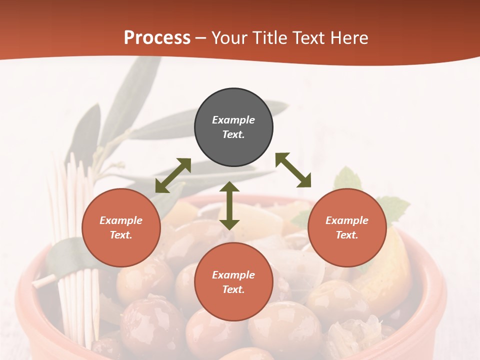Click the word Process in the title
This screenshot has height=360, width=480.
coord(157,38)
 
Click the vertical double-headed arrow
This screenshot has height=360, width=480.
coord(229,205)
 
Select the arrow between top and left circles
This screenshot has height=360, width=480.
coord(173,175)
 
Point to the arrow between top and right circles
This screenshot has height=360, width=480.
coord(293,170)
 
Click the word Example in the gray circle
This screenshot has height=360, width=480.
coord(233,120)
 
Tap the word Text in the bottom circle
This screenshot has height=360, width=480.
coord(232,289)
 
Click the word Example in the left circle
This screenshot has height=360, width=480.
coord(121,220)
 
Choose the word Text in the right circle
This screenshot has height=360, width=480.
coord(346,235)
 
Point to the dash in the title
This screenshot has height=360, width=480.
coord(200,38)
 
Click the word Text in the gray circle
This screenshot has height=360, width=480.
coord(232,134)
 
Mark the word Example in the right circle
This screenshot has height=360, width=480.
coord(347,220)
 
